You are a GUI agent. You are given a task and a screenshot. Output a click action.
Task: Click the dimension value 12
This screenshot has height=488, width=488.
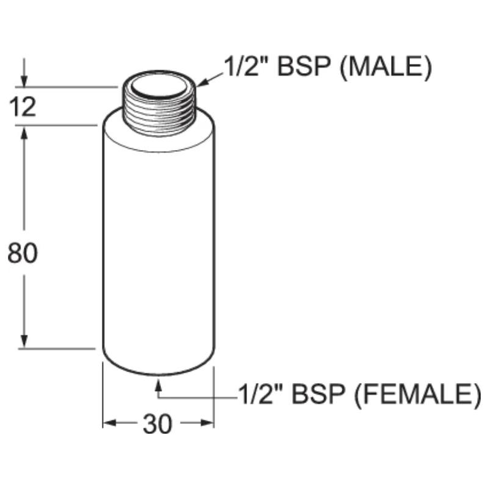tap(23, 107)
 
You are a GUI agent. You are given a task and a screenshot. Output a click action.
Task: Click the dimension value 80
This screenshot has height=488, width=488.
tap(23, 253)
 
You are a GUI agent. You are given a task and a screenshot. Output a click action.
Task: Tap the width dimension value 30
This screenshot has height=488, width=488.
tap(157, 424)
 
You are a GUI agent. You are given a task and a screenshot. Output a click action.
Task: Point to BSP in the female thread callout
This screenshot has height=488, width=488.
tap(318, 393)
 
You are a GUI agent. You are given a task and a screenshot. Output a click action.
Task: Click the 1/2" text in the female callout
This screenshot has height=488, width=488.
tap(262, 393)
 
